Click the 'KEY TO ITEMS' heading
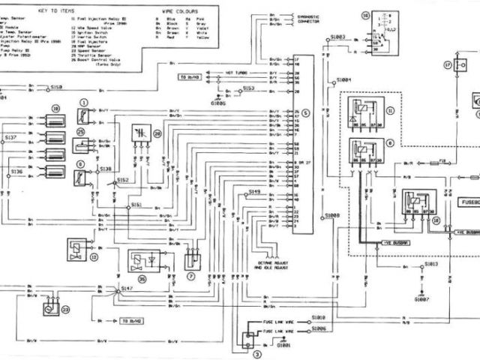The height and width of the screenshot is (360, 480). coord(67,13)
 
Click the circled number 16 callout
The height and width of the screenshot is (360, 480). coord(365,14)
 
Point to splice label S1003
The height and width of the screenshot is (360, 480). coord(337,37)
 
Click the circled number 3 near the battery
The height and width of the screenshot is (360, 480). coord(256,352)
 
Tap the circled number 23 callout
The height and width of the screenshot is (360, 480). coord(64,308)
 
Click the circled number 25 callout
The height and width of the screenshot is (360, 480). coord(80,132)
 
